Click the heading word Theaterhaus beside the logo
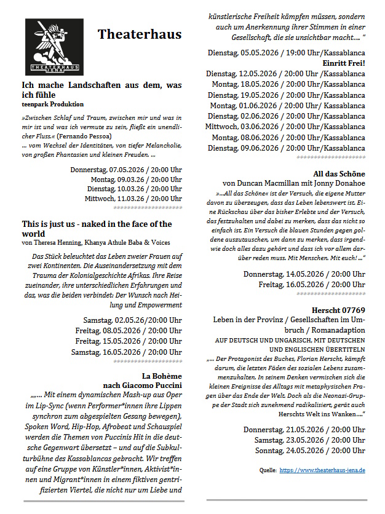point(140,34)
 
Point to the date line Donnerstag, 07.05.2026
point(126,169)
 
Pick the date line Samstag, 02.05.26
point(132,320)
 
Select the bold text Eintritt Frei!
point(343,63)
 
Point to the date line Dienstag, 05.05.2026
point(286,52)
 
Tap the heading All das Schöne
point(339,173)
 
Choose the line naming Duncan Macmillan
point(293,183)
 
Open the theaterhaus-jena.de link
point(322,470)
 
